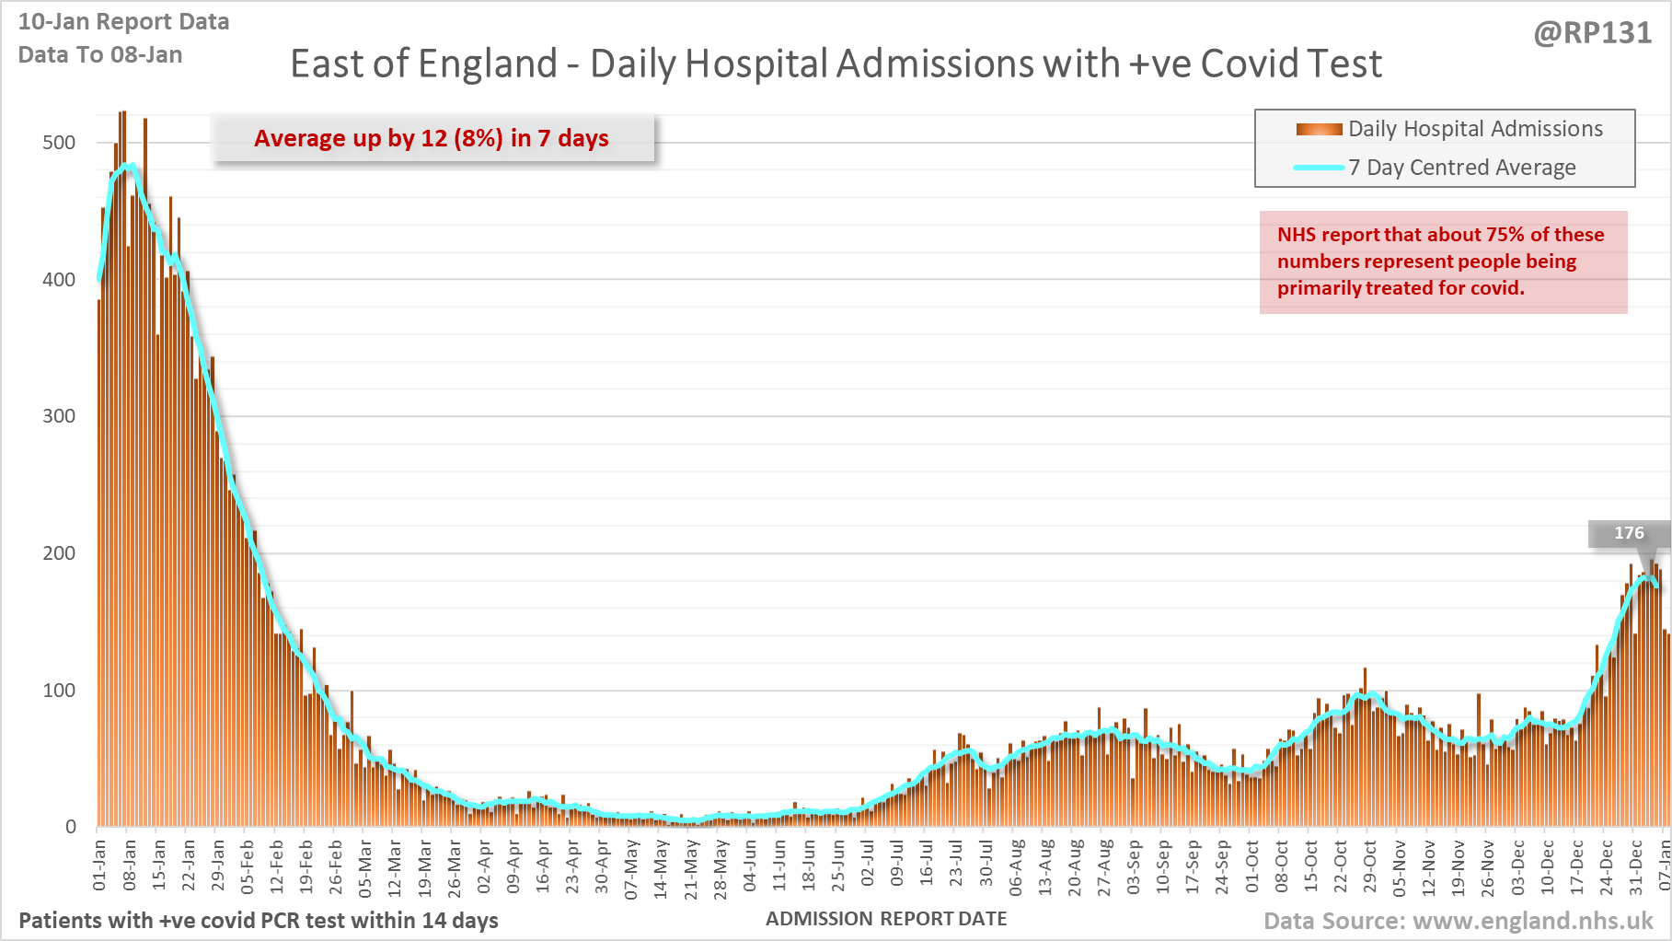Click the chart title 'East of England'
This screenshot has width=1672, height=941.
[x=836, y=64]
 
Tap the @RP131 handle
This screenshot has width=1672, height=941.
[x=1593, y=33]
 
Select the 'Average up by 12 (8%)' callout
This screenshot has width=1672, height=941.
[x=432, y=138]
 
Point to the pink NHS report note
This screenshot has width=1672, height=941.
[x=1442, y=261]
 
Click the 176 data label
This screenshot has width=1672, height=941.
[x=1629, y=533]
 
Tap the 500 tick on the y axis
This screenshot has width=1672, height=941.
[x=59, y=143]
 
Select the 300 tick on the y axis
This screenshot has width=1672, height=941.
[x=59, y=416]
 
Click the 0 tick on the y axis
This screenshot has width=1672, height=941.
[x=70, y=827]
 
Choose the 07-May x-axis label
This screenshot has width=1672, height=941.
[x=631, y=869]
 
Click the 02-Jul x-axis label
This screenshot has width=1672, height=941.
[x=868, y=865]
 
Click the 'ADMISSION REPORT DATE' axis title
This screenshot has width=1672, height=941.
[x=886, y=919]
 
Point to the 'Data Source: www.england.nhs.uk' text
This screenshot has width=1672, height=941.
[x=1459, y=921]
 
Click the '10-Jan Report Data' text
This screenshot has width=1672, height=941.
[x=124, y=22]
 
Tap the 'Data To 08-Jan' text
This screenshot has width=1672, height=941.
[x=100, y=55]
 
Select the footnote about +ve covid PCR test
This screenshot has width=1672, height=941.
[x=259, y=921]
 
